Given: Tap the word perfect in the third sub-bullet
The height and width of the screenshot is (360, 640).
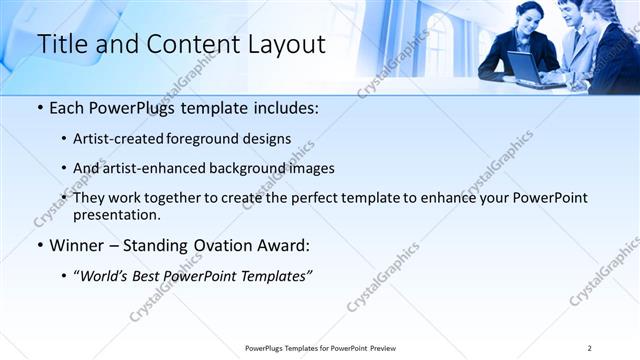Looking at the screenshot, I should pyautogui.click(x=331, y=198).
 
